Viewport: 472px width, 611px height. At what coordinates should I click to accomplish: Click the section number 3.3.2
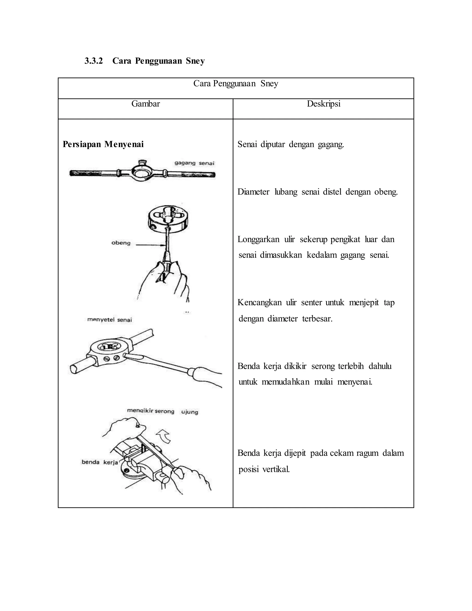(94, 61)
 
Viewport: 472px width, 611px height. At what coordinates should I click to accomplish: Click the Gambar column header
(145, 104)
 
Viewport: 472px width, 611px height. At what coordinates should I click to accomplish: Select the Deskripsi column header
(324, 104)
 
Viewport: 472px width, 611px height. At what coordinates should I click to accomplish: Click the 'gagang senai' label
(194, 163)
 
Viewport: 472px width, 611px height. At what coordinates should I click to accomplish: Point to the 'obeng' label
(121, 243)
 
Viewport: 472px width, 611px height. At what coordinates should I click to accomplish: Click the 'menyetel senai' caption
(109, 320)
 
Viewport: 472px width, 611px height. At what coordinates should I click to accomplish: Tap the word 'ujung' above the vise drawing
(190, 412)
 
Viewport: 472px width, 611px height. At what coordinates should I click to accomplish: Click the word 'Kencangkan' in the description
(259, 303)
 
